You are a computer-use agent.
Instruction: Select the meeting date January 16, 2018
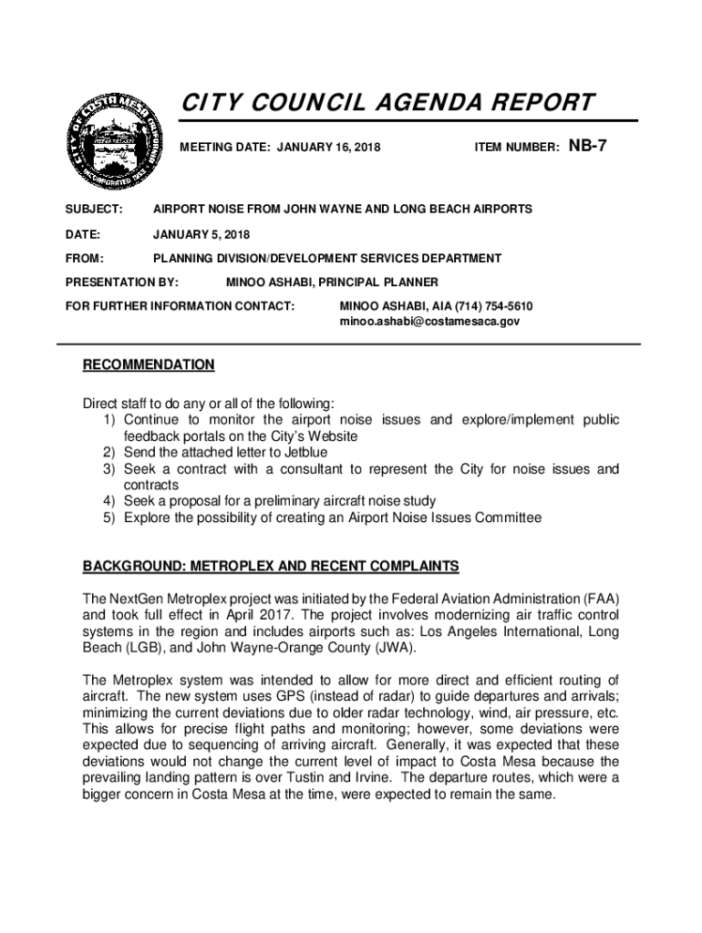click(x=330, y=146)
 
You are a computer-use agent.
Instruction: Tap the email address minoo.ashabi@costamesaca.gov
click(x=429, y=322)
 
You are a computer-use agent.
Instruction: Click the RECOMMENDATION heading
click(x=149, y=365)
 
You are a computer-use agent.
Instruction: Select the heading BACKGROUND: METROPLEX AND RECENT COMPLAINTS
click(x=271, y=567)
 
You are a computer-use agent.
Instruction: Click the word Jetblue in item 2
click(x=303, y=453)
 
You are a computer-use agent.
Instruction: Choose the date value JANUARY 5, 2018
click(x=201, y=234)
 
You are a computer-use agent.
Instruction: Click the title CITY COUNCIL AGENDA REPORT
click(x=386, y=102)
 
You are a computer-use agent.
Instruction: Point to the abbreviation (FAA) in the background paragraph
click(x=597, y=599)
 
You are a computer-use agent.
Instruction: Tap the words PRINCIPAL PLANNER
click(x=384, y=282)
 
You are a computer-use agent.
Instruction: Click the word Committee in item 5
click(x=500, y=518)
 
